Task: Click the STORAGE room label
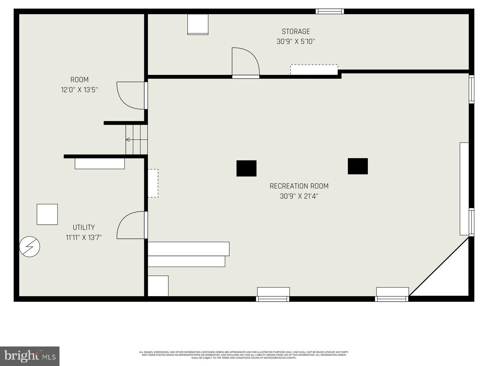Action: click(296, 31)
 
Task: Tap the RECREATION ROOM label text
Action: click(299, 186)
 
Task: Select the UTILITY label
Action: click(84, 228)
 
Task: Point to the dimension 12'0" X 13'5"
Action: click(79, 90)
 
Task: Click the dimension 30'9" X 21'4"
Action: click(299, 196)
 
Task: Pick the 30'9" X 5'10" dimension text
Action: click(296, 41)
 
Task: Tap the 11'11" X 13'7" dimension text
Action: click(84, 237)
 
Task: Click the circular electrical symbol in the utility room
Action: click(30, 246)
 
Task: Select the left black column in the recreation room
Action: click(246, 168)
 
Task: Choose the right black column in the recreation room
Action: click(358, 166)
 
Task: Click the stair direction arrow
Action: click(128, 140)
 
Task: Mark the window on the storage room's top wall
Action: click(330, 11)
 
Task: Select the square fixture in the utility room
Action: click(47, 214)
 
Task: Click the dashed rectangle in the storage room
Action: click(314, 70)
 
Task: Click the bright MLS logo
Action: click(30, 356)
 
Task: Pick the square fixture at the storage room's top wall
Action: click(198, 24)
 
